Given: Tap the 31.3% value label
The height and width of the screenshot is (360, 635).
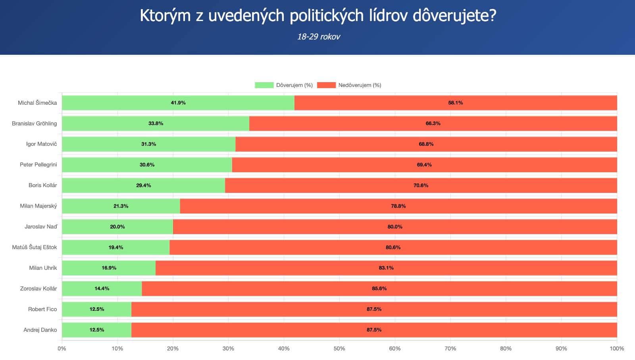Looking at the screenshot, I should tap(148, 144).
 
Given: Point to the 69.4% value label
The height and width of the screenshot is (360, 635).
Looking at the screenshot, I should tap(424, 165).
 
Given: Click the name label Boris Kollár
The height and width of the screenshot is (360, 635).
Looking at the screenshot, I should tap(42, 185).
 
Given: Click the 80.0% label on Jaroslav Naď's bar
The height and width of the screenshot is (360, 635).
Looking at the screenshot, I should tap(395, 227).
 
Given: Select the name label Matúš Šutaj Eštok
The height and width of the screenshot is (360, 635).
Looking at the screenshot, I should tap(35, 247).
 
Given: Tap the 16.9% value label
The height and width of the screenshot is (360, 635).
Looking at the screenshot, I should tap(109, 268).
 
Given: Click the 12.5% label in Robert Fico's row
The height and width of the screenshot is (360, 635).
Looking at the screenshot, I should tap(96, 309).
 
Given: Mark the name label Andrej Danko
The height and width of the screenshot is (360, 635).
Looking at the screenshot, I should tap(40, 330).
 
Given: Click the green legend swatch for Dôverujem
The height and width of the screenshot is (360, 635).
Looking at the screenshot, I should tap(264, 85).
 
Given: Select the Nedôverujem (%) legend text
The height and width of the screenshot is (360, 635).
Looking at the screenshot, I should tap(360, 85).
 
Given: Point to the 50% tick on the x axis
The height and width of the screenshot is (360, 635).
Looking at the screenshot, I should tap(339, 348).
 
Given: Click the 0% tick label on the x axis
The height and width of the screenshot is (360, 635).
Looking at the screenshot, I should tap(62, 348).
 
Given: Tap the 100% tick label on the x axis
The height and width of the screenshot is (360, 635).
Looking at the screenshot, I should tap(617, 348).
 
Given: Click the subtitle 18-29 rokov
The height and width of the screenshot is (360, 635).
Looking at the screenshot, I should tap(318, 37).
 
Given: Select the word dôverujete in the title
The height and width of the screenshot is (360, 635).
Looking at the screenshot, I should tap(454, 16).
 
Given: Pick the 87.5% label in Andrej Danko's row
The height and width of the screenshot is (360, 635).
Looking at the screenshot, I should tap(374, 330).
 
